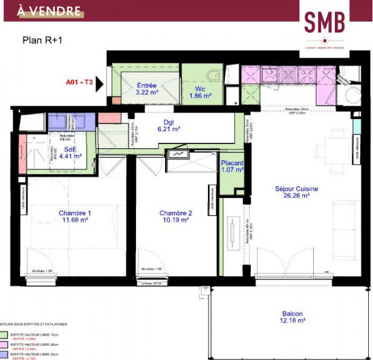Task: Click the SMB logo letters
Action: tap(325, 22)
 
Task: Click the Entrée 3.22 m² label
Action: tap(147, 89)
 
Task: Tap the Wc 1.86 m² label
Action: tap(199, 92)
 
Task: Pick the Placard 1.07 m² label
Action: tap(232, 166)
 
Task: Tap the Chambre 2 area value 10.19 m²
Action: tap(175, 220)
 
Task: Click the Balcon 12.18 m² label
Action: tap(292, 318)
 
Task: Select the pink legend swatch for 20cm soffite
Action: tap(4, 344)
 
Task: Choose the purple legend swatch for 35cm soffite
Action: tap(4, 355)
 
